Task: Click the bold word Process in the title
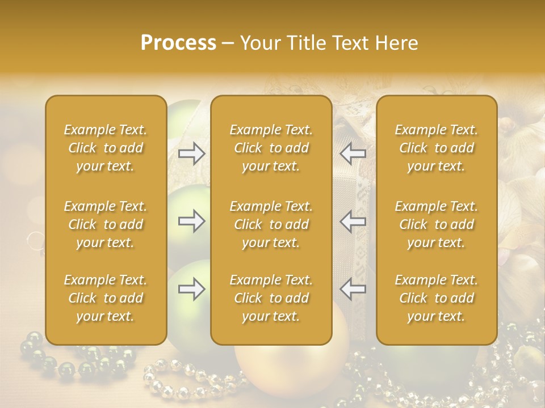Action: [x=178, y=43]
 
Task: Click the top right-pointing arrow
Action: [x=191, y=154]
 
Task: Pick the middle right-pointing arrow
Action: [x=191, y=221]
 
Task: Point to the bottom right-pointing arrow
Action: [x=191, y=290]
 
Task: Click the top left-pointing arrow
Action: [x=353, y=154]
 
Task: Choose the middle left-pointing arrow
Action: [x=353, y=221]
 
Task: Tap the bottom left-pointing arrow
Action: [x=353, y=290]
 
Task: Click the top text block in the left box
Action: [x=106, y=148]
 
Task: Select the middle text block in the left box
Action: [x=106, y=224]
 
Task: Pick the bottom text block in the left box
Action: [x=106, y=298]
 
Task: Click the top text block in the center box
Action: [x=271, y=148]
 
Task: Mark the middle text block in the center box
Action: [x=271, y=224]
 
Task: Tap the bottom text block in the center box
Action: [x=271, y=298]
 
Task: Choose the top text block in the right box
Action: [x=436, y=148]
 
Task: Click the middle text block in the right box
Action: [x=436, y=224]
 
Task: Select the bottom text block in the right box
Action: [x=436, y=298]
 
